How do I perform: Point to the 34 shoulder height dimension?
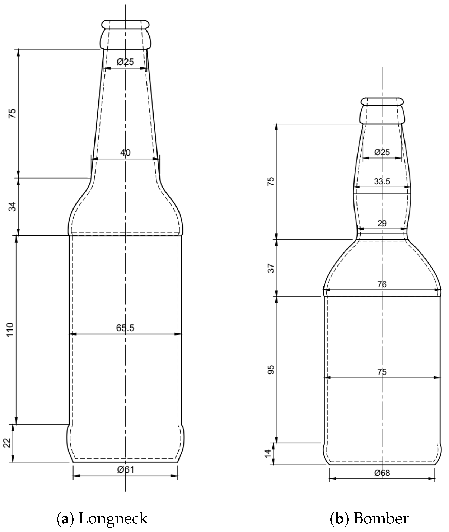(x=12, y=206)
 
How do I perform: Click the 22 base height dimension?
(x=7, y=443)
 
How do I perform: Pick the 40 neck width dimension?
(x=125, y=153)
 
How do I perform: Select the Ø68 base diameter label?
(x=382, y=473)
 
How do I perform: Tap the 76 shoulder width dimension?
(x=382, y=284)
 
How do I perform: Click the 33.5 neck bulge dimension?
(x=382, y=181)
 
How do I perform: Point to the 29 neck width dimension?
(x=382, y=223)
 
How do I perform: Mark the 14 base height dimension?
(x=268, y=453)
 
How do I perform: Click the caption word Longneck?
(x=113, y=512)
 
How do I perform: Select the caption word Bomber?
(x=381, y=512)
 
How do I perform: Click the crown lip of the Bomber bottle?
(x=382, y=101)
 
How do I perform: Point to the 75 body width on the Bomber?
(x=382, y=372)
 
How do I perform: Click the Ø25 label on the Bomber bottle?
(x=382, y=152)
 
